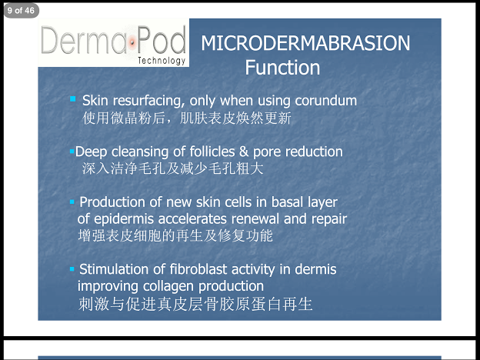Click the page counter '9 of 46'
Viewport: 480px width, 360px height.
[x=21, y=11]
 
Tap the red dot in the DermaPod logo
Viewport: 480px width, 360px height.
[x=132, y=42]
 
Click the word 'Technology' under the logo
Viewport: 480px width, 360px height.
[x=162, y=61]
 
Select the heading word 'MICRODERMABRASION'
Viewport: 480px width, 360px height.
[x=305, y=43]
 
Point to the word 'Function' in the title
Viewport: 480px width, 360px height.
[x=282, y=68]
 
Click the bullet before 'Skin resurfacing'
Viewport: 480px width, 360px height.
[x=73, y=98]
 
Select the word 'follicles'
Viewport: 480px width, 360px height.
[x=212, y=152]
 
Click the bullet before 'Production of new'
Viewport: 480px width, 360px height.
[x=72, y=202]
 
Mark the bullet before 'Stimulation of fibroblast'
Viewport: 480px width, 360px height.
[x=72, y=269]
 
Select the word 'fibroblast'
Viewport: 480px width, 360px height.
[x=198, y=269]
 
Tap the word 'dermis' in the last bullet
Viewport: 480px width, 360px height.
[x=315, y=269]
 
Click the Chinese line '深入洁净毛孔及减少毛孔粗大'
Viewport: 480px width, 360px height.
[x=172, y=168]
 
